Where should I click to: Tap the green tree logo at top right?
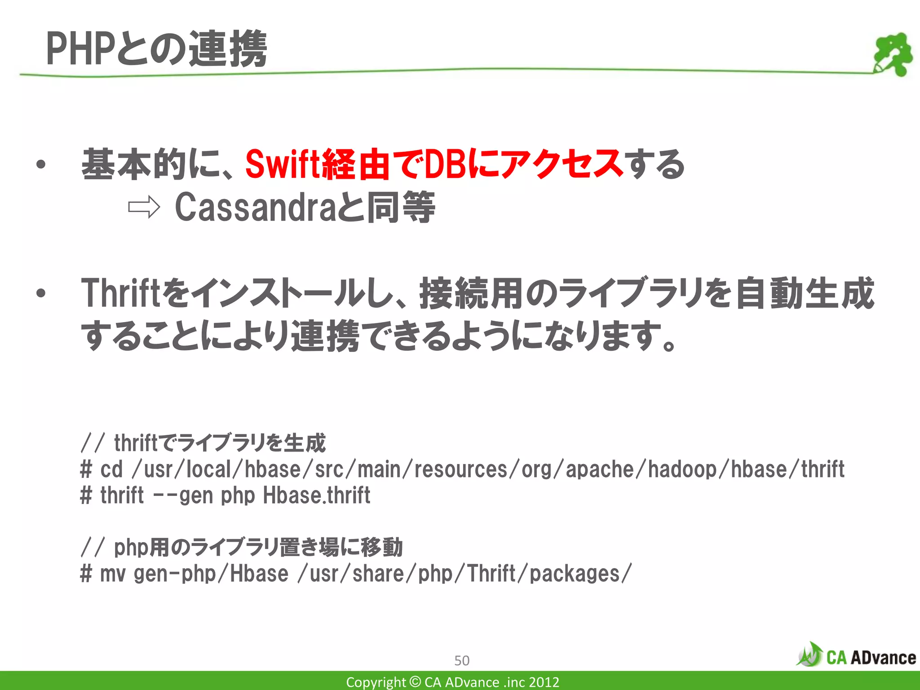(893, 54)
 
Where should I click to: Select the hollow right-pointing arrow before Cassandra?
(144, 208)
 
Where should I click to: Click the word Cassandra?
(254, 208)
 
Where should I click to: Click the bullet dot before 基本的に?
(41, 165)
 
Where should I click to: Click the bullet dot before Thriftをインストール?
(41, 294)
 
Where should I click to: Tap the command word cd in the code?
(111, 470)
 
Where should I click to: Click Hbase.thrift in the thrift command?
(317, 496)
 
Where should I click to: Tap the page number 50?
(462, 660)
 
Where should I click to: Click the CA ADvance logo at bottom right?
(856, 656)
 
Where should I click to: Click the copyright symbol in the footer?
(416, 682)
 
